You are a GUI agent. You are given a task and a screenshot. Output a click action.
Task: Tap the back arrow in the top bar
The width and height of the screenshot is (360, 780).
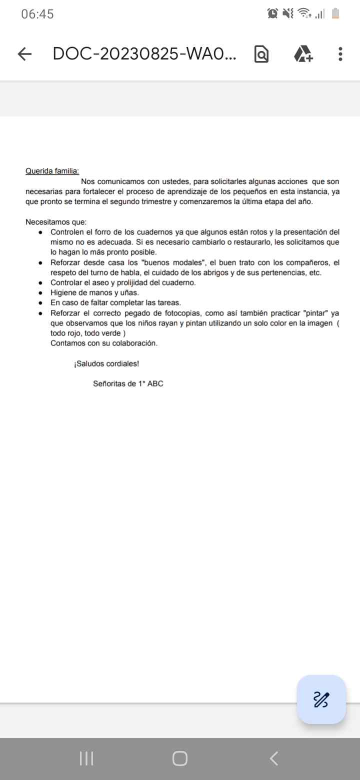[x=24, y=54]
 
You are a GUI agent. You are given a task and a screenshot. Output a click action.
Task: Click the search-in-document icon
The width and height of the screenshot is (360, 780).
[x=261, y=54]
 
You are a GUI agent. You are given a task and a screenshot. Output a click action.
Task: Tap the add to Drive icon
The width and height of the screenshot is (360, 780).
[x=303, y=54]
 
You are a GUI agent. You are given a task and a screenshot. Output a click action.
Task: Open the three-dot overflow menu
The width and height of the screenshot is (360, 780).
[x=340, y=54]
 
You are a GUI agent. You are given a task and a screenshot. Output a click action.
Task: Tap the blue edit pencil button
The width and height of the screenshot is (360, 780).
[x=321, y=699]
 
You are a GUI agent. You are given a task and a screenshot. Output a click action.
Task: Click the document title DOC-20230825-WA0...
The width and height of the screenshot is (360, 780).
[x=144, y=54]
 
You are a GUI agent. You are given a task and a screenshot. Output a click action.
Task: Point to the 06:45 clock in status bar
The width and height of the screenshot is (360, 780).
[x=37, y=14]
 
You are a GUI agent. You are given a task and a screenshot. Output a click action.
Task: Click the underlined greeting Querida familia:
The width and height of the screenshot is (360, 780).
[x=52, y=171]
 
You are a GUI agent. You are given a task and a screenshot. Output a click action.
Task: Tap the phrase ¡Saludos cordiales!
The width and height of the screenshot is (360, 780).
[x=106, y=363]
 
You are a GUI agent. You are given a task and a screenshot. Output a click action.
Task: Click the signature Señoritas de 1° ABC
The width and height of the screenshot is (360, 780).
[x=128, y=384]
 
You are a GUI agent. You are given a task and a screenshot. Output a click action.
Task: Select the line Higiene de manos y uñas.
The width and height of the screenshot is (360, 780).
[x=94, y=292]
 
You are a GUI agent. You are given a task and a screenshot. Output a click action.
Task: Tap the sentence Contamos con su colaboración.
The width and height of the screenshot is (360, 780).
[x=104, y=343]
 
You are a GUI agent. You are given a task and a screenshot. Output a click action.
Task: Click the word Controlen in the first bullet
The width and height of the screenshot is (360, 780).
[x=66, y=232]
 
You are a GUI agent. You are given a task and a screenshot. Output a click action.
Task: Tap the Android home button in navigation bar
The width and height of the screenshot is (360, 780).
[x=180, y=758]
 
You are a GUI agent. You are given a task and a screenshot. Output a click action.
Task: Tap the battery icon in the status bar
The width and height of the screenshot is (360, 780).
[x=335, y=14]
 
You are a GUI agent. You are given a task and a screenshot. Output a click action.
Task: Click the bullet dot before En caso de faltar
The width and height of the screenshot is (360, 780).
[x=40, y=303]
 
